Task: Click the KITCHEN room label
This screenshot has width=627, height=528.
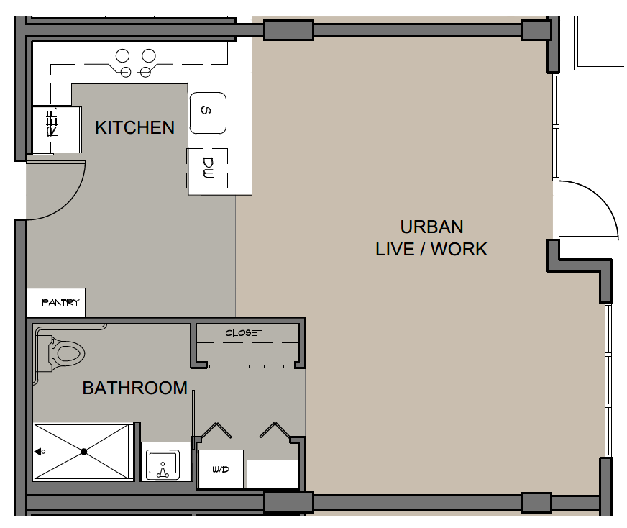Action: [134, 127]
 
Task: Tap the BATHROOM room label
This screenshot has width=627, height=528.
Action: [134, 388]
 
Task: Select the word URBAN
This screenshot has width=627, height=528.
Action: [432, 227]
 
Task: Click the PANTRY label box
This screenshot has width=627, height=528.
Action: [56, 302]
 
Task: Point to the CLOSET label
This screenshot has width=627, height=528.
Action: [244, 333]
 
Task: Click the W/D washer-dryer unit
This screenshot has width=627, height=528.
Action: [221, 469]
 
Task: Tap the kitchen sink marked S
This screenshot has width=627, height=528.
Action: [208, 113]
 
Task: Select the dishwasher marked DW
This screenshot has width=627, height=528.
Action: [208, 168]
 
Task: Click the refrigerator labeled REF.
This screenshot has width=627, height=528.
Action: [56, 129]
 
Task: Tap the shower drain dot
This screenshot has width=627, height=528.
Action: [83, 452]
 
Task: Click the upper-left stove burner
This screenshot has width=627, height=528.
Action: [123, 55]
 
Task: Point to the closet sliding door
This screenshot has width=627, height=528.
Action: [245, 366]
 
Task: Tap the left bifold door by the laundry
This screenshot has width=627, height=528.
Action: [216, 430]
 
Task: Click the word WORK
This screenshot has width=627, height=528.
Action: [459, 249]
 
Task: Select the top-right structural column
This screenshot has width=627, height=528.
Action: [536, 29]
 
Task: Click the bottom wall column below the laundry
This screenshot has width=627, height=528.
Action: [288, 502]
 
